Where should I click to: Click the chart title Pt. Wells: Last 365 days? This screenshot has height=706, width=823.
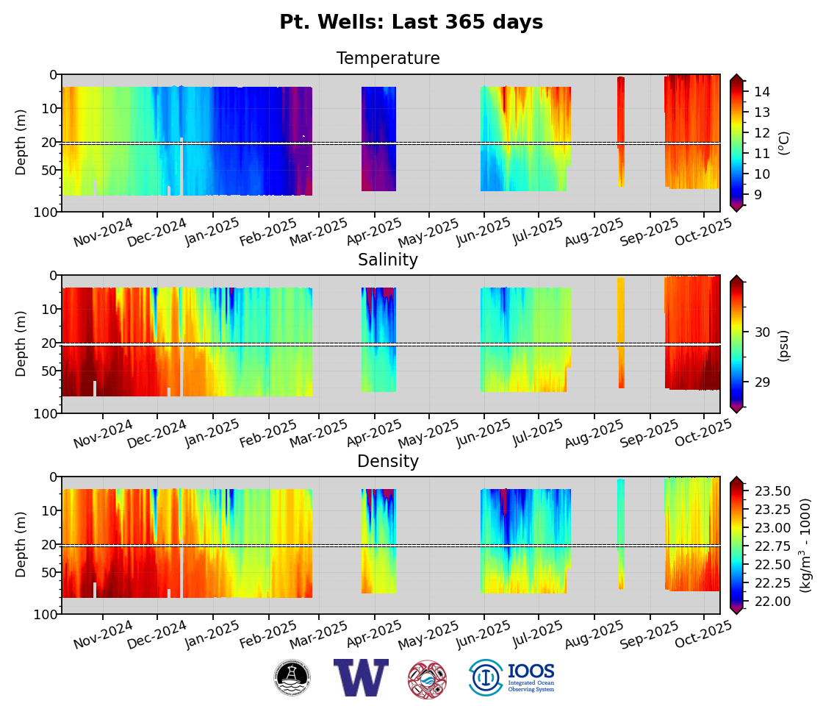click(x=411, y=23)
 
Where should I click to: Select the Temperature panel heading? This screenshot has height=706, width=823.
click(x=388, y=59)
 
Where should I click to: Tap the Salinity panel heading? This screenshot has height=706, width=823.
click(x=388, y=260)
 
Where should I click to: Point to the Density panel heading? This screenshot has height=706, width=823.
click(x=388, y=462)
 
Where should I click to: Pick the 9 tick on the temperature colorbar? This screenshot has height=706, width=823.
click(x=758, y=195)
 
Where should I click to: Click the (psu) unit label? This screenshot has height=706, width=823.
click(x=783, y=346)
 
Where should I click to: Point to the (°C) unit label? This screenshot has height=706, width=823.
click(x=783, y=143)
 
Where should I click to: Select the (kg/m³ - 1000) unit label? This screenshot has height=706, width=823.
click(x=805, y=546)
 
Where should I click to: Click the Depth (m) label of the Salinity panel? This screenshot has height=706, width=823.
click(x=21, y=343)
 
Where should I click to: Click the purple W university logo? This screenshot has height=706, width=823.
click(x=360, y=677)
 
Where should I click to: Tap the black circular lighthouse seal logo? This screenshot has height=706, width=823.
click(x=292, y=677)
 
